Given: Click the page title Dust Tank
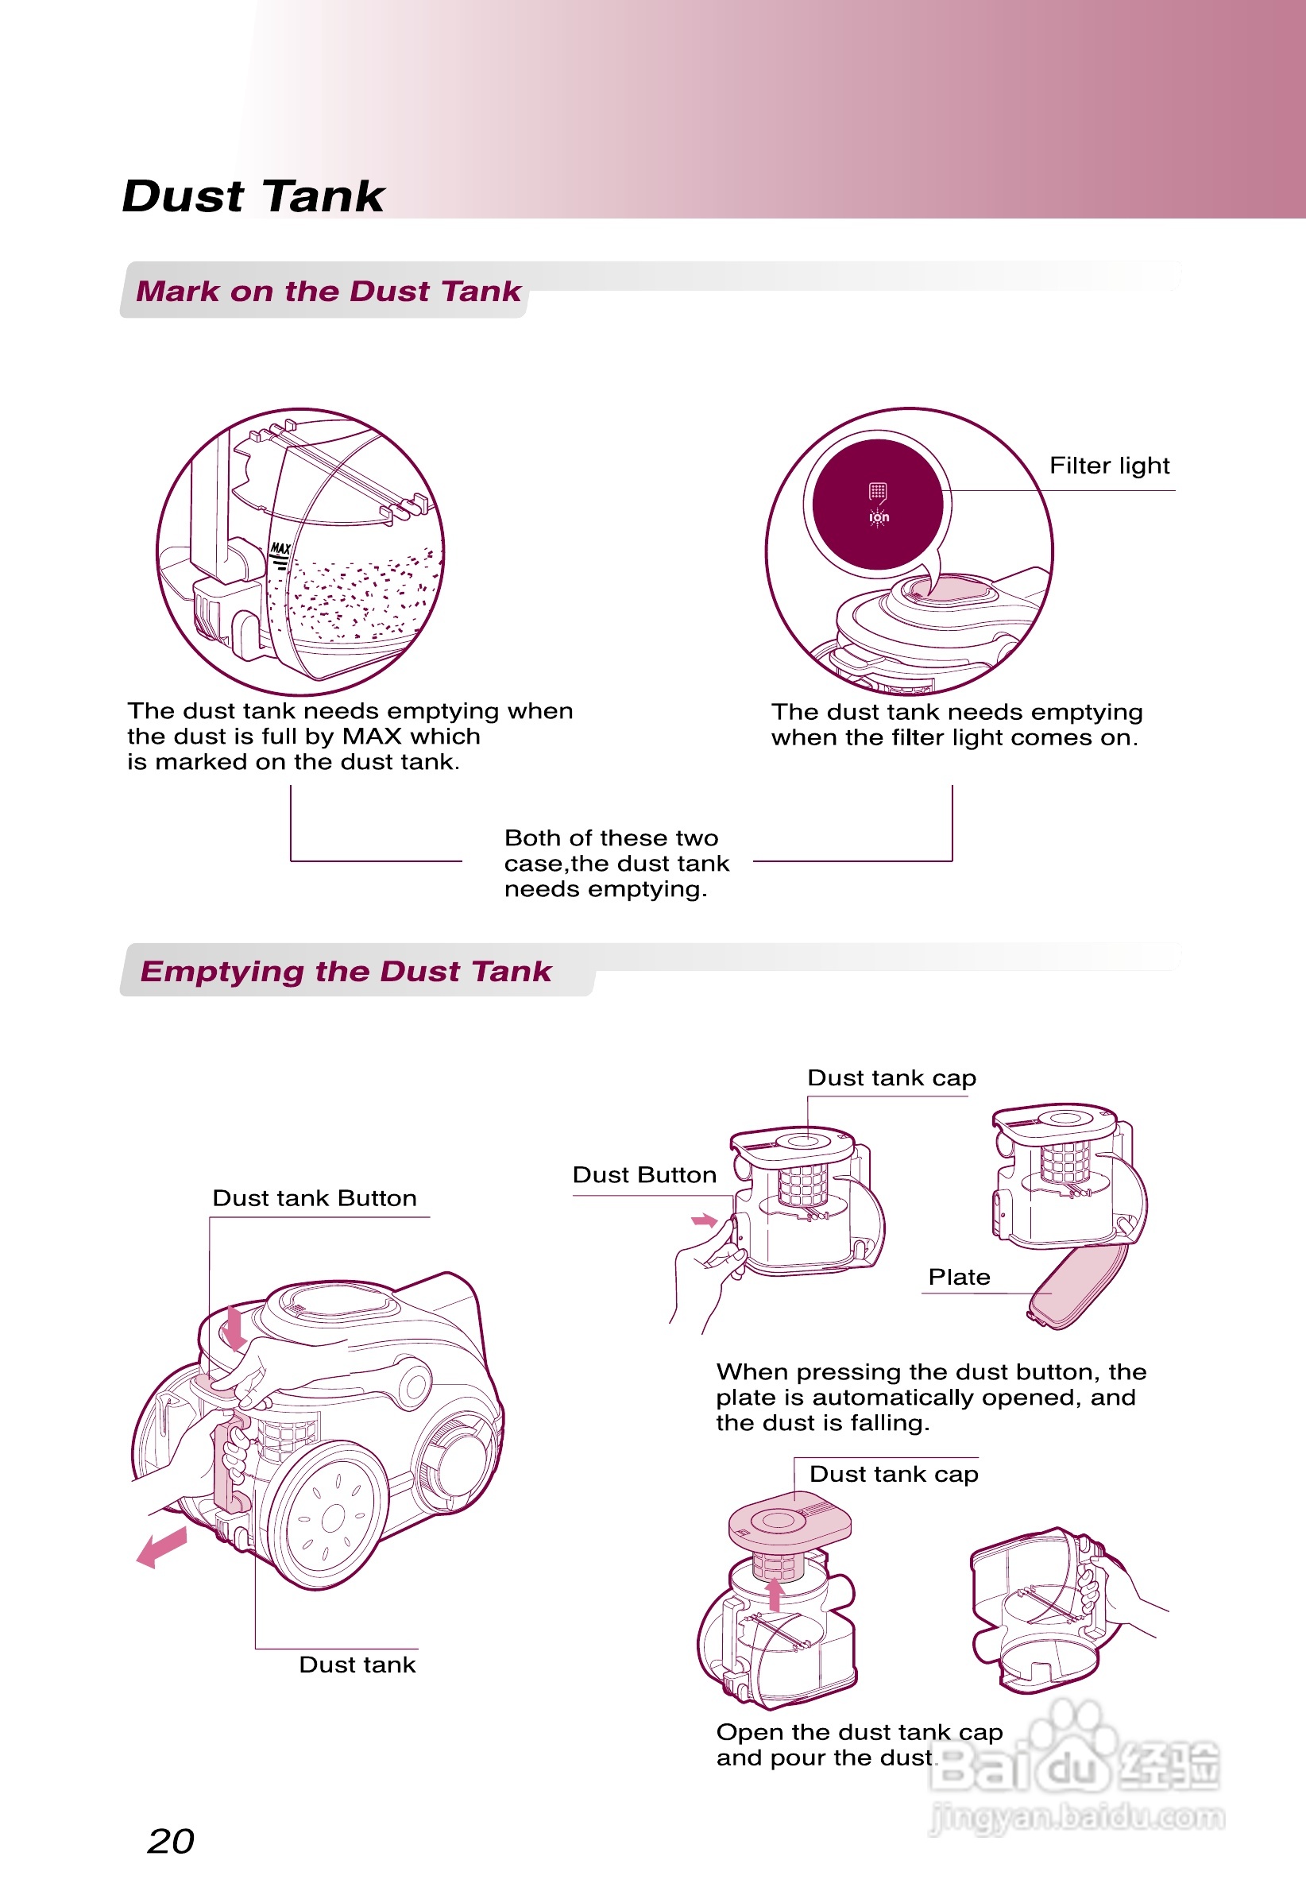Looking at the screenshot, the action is coord(253,196).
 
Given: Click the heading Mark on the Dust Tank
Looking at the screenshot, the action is coord(328,292).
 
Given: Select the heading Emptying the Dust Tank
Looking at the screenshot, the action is coord(346,971).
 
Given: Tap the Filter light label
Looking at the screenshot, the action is coord(1109,466).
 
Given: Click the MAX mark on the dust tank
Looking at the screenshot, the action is coord(280,548).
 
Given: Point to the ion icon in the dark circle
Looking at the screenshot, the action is coord(879,516).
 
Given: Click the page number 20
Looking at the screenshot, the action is coord(171,1841).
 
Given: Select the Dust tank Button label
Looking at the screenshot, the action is coord(315,1199).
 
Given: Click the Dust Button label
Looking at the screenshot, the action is coord(644,1175).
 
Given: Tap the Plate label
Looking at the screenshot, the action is coord(959,1278).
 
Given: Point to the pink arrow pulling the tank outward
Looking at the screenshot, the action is coord(162,1547).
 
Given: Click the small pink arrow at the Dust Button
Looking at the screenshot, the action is coord(704,1221).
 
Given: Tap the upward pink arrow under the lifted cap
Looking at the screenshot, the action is coord(774,1593).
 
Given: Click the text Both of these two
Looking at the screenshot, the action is coord(611,838).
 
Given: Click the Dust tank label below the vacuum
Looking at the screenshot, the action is coord(357,1665).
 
